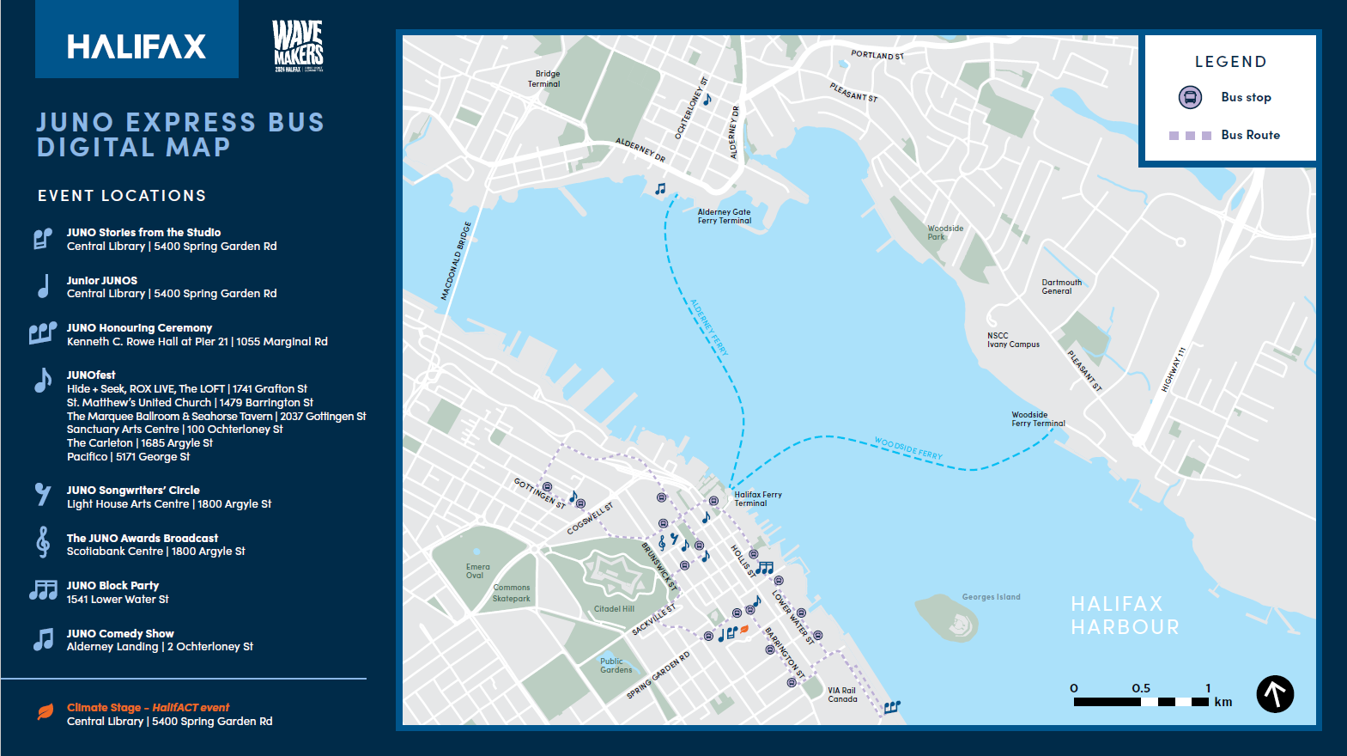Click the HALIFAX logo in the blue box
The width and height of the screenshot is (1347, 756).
tap(137, 46)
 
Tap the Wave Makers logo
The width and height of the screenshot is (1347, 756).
tap(298, 46)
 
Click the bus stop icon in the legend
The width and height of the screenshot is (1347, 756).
tap(1190, 97)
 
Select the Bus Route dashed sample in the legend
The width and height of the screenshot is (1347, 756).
tap(1190, 136)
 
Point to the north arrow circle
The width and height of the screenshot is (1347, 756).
tap(1275, 693)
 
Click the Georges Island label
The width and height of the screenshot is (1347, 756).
tap(991, 597)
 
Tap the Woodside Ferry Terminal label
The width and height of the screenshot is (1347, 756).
tap(1037, 419)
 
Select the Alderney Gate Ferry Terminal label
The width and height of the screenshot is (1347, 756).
tap(724, 216)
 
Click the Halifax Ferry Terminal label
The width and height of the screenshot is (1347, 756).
tap(757, 499)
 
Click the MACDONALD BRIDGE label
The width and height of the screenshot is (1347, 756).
tap(456, 261)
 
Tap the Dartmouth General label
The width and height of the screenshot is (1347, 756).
tap(1061, 287)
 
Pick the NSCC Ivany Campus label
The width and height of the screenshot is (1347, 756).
tap(1012, 340)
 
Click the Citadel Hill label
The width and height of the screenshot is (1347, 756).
tap(614, 609)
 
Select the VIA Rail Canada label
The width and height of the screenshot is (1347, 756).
tap(841, 694)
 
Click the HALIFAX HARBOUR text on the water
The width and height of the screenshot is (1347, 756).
tap(1125, 615)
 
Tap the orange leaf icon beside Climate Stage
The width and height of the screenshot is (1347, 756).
tap(46, 712)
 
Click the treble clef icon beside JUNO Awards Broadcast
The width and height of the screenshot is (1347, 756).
tap(43, 542)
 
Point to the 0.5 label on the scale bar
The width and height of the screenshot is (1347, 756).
tap(1140, 688)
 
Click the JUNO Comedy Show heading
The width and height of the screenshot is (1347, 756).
tap(120, 633)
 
